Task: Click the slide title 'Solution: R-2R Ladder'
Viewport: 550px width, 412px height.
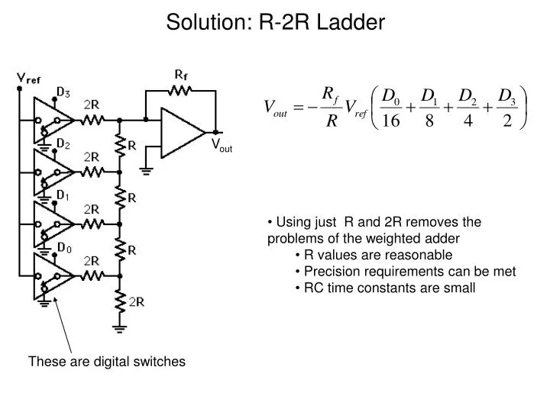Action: (x=275, y=22)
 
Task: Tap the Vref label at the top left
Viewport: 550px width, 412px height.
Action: (x=29, y=78)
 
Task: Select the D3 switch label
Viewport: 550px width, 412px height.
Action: (x=64, y=93)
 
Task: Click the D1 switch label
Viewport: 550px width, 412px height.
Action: (x=64, y=195)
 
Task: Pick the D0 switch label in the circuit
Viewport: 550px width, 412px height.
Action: (x=64, y=247)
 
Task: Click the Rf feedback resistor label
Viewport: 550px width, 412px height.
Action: (x=181, y=75)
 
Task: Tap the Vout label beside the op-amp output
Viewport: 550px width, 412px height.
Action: (x=222, y=145)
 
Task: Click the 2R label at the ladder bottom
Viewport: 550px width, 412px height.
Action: (x=137, y=301)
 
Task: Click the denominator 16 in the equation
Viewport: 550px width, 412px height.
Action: (x=390, y=123)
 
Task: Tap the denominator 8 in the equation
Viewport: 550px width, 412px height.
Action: (x=430, y=123)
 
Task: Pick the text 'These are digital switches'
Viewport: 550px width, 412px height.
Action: (x=107, y=362)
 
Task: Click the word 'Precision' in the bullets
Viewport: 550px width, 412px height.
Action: (x=328, y=271)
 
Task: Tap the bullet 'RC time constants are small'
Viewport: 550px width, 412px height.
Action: (x=390, y=288)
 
